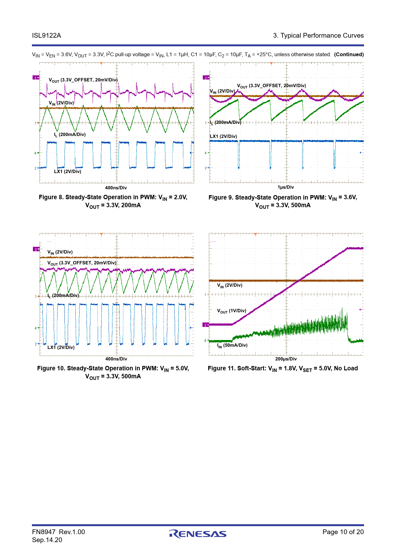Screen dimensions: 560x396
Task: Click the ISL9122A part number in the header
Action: [46, 35]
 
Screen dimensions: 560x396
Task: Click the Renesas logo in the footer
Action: [198, 534]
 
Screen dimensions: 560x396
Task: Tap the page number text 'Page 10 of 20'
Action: [343, 532]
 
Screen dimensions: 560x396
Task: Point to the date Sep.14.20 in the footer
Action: [47, 540]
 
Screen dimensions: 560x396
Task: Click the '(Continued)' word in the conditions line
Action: [349, 54]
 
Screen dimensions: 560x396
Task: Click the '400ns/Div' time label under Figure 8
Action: [116, 188]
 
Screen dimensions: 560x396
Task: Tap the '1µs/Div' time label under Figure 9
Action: [286, 187]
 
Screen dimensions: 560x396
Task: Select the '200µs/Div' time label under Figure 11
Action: [286, 359]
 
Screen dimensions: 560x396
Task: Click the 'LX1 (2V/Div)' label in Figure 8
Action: [67, 171]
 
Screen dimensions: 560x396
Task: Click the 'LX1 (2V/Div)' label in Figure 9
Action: [223, 136]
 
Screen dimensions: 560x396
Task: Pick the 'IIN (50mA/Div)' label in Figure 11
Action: [232, 345]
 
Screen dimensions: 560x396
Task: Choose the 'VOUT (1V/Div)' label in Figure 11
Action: [232, 311]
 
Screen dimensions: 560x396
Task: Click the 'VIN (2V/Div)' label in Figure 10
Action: [60, 252]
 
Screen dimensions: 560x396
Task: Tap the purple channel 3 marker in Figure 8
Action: [36, 77]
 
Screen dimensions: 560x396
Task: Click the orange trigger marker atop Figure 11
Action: [255, 234]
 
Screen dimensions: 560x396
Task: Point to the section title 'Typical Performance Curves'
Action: [322, 35]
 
